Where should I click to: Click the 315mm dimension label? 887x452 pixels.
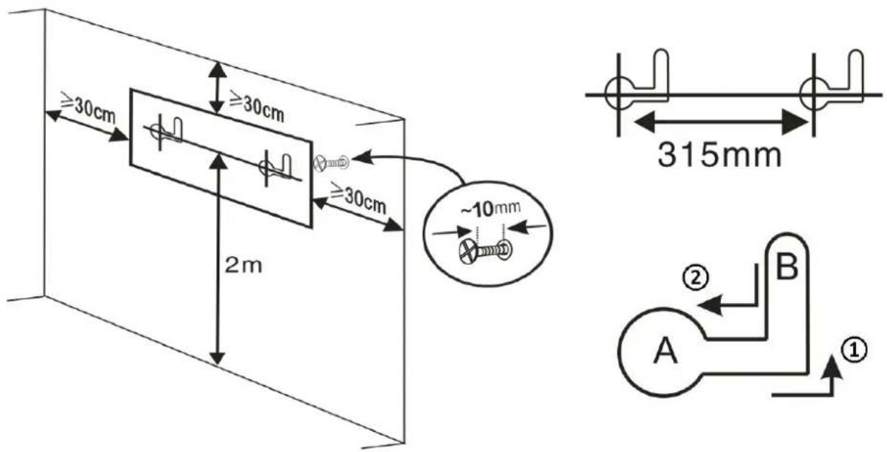[720, 155]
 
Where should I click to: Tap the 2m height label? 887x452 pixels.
[243, 266]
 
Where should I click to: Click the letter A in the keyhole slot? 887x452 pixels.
[666, 350]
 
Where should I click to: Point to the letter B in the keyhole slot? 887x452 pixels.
[787, 266]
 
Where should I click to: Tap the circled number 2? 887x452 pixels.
[696, 278]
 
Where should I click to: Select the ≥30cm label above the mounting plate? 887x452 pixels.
[257, 107]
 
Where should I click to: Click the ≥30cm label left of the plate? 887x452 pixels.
[88, 107]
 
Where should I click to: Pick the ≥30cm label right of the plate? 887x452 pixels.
[358, 198]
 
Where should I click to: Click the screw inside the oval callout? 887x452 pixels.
[485, 250]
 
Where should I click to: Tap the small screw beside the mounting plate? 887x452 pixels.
[331, 163]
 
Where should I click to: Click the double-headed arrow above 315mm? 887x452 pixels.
[720, 122]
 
